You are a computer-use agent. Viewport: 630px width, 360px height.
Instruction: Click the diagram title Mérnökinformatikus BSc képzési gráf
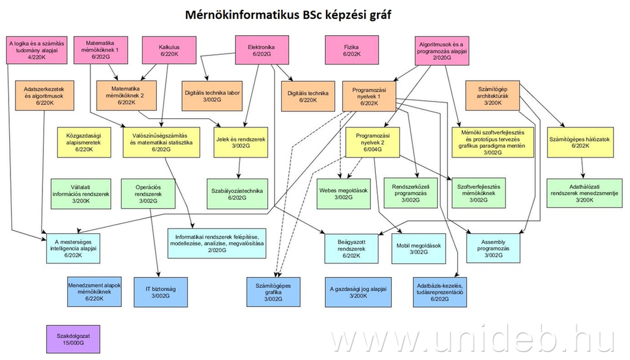pos(288,14)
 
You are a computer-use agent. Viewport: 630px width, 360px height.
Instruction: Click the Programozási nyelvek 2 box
pos(373,141)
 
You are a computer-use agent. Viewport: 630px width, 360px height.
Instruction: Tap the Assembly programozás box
pos(493,246)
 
